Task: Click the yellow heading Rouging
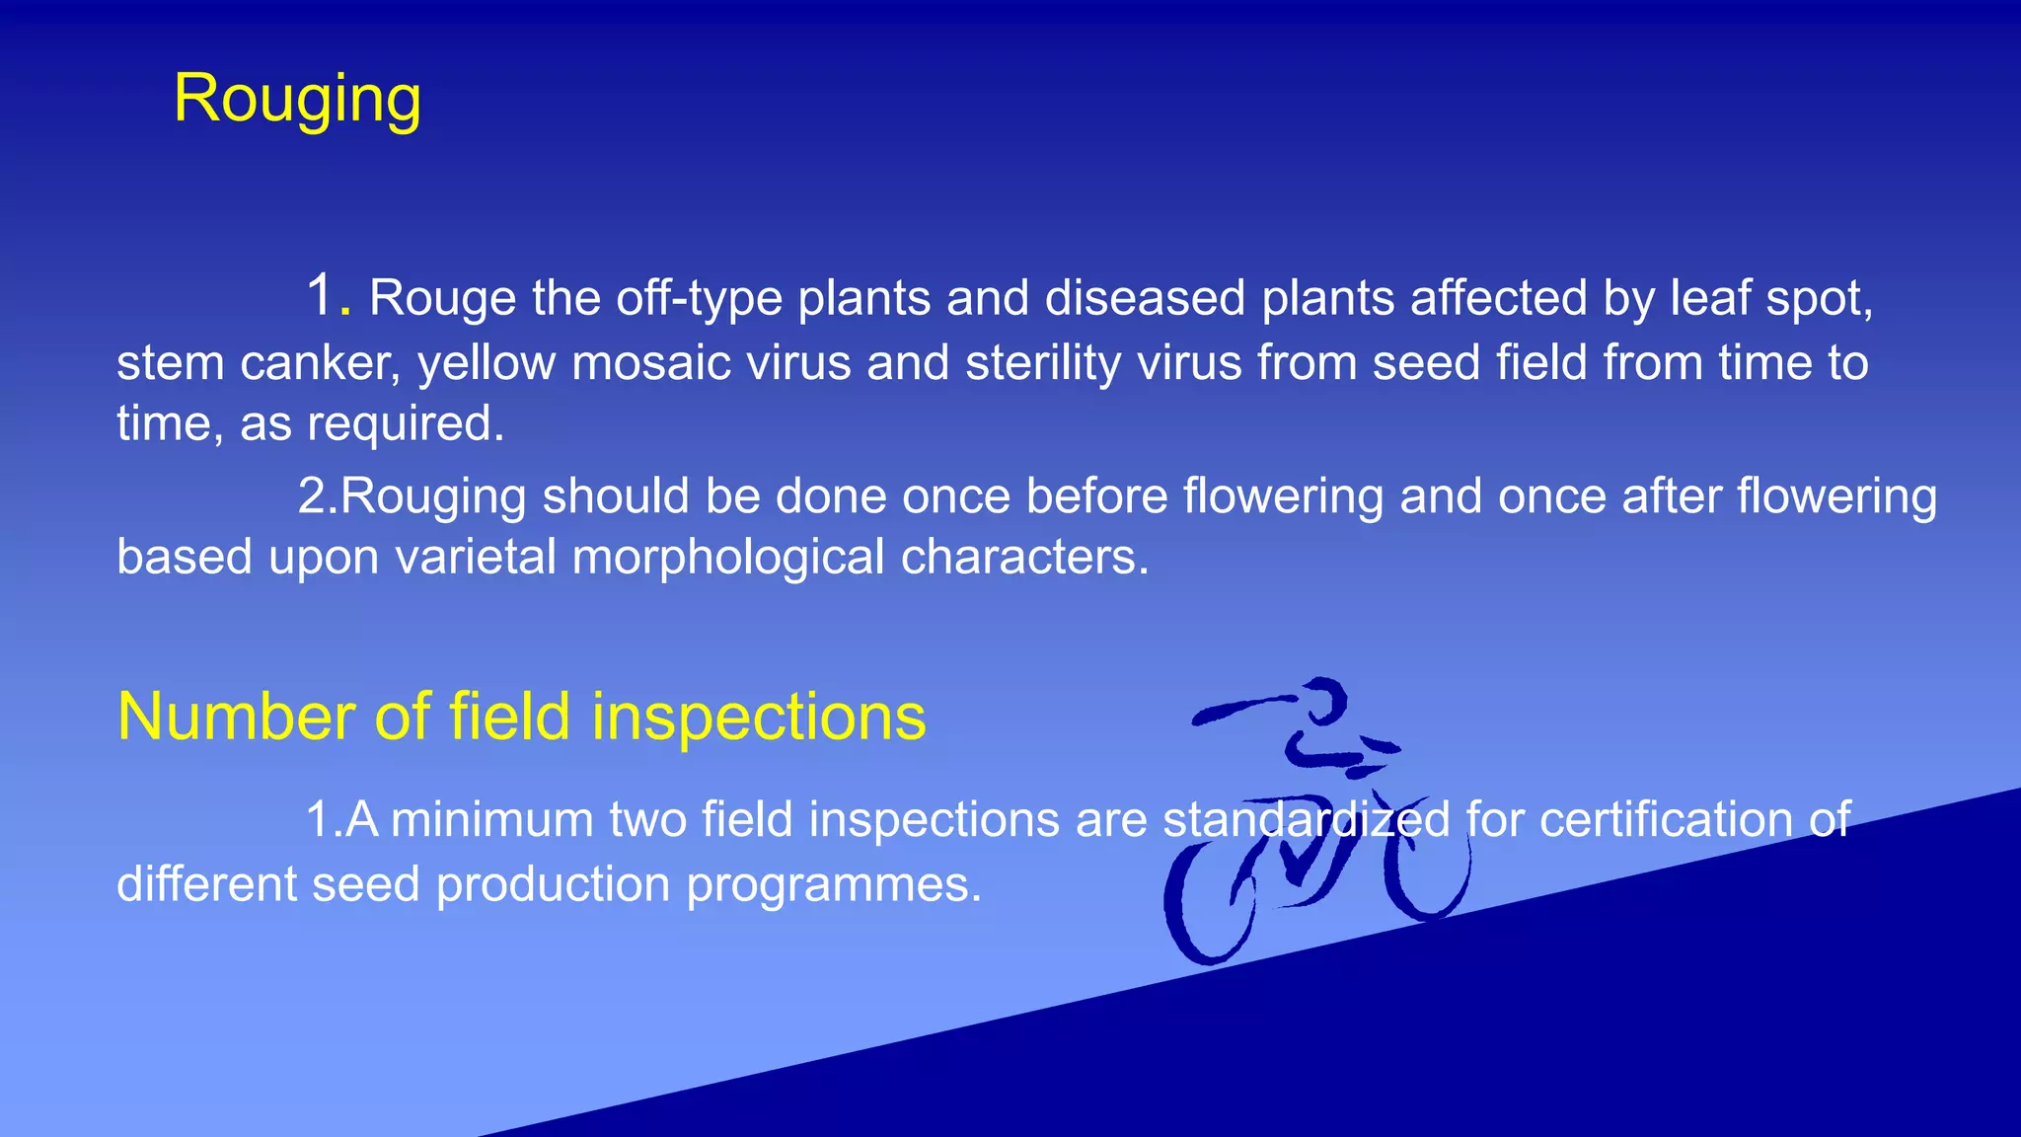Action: [x=297, y=101]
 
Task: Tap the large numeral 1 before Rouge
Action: [x=321, y=295]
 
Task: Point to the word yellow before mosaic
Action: [x=487, y=363]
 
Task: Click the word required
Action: [x=406, y=424]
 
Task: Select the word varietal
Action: [x=476, y=558]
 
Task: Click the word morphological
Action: [x=728, y=558]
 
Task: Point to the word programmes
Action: [x=834, y=884]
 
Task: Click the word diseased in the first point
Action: [x=1145, y=298]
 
